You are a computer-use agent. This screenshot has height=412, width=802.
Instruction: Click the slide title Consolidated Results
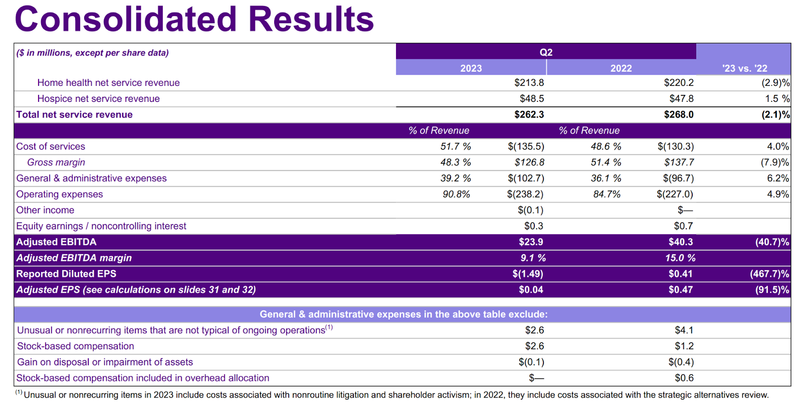(x=194, y=19)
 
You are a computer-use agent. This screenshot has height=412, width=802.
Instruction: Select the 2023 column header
(x=471, y=68)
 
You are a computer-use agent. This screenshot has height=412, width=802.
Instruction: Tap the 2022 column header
(x=621, y=68)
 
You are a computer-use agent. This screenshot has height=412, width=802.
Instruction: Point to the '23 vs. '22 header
(x=744, y=68)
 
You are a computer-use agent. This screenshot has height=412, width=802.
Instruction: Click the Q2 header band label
(x=546, y=52)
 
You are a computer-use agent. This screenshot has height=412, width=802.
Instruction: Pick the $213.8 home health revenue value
(x=529, y=83)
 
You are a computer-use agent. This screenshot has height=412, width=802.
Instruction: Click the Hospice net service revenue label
(x=98, y=99)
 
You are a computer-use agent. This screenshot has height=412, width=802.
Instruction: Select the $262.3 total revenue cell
(x=529, y=114)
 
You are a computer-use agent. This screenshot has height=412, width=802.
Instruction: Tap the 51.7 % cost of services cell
(x=456, y=147)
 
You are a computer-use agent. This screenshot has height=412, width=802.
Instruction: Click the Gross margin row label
(x=56, y=163)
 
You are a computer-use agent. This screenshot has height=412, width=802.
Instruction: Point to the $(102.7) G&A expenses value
(x=526, y=178)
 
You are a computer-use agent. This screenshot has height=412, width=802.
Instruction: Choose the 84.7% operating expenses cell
(x=607, y=194)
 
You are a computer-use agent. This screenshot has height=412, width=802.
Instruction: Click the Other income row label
(x=45, y=210)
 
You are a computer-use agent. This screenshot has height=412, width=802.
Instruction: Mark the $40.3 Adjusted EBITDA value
(x=681, y=242)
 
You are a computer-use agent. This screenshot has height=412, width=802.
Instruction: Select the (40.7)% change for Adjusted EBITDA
(x=772, y=242)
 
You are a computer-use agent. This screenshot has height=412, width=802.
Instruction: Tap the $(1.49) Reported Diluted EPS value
(x=527, y=274)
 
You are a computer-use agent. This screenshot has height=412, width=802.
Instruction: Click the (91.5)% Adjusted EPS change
(x=772, y=290)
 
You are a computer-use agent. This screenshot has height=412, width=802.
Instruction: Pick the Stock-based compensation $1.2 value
(x=684, y=346)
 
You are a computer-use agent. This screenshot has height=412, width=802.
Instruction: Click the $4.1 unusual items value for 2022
(x=684, y=330)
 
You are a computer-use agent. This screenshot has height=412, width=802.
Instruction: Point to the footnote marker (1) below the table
(x=19, y=393)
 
